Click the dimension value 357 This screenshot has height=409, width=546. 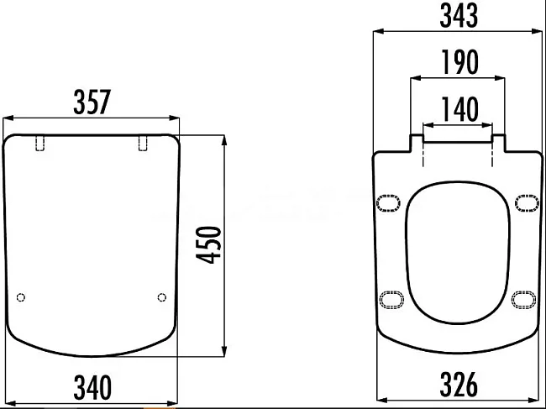(x=92, y=102)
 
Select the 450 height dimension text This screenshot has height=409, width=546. (x=208, y=244)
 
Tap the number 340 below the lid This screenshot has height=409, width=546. (x=92, y=387)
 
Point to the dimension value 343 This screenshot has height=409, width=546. (x=459, y=15)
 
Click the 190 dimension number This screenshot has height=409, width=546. (x=460, y=62)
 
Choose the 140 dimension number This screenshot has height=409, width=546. (x=460, y=109)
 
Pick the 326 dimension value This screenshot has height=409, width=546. (x=459, y=385)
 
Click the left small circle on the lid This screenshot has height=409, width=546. (x=21, y=297)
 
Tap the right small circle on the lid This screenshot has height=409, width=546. (x=162, y=297)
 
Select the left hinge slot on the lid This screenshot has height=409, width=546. (x=40, y=143)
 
